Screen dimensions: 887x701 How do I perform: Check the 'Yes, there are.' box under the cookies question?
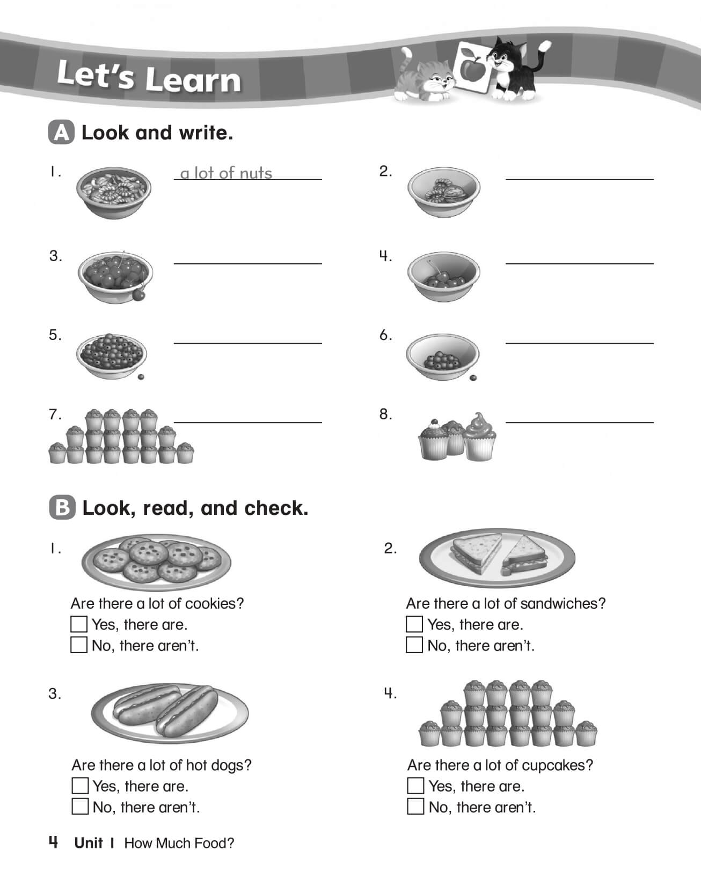tap(79, 624)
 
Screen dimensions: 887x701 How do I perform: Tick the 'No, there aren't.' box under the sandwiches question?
tap(414, 645)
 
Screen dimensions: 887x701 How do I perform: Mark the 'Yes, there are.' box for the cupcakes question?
tap(415, 786)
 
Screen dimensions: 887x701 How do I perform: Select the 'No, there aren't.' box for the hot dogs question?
tap(80, 806)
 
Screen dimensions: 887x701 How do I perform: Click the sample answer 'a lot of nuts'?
tap(226, 173)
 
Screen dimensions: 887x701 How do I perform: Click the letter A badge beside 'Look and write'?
tap(62, 133)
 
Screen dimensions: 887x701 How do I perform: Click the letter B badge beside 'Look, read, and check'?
tap(62, 508)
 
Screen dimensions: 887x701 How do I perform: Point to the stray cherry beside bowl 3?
tap(140, 294)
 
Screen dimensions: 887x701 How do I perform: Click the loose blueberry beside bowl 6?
tap(473, 378)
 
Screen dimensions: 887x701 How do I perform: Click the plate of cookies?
tap(156, 561)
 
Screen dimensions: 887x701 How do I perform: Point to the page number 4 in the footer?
tap(53, 842)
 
